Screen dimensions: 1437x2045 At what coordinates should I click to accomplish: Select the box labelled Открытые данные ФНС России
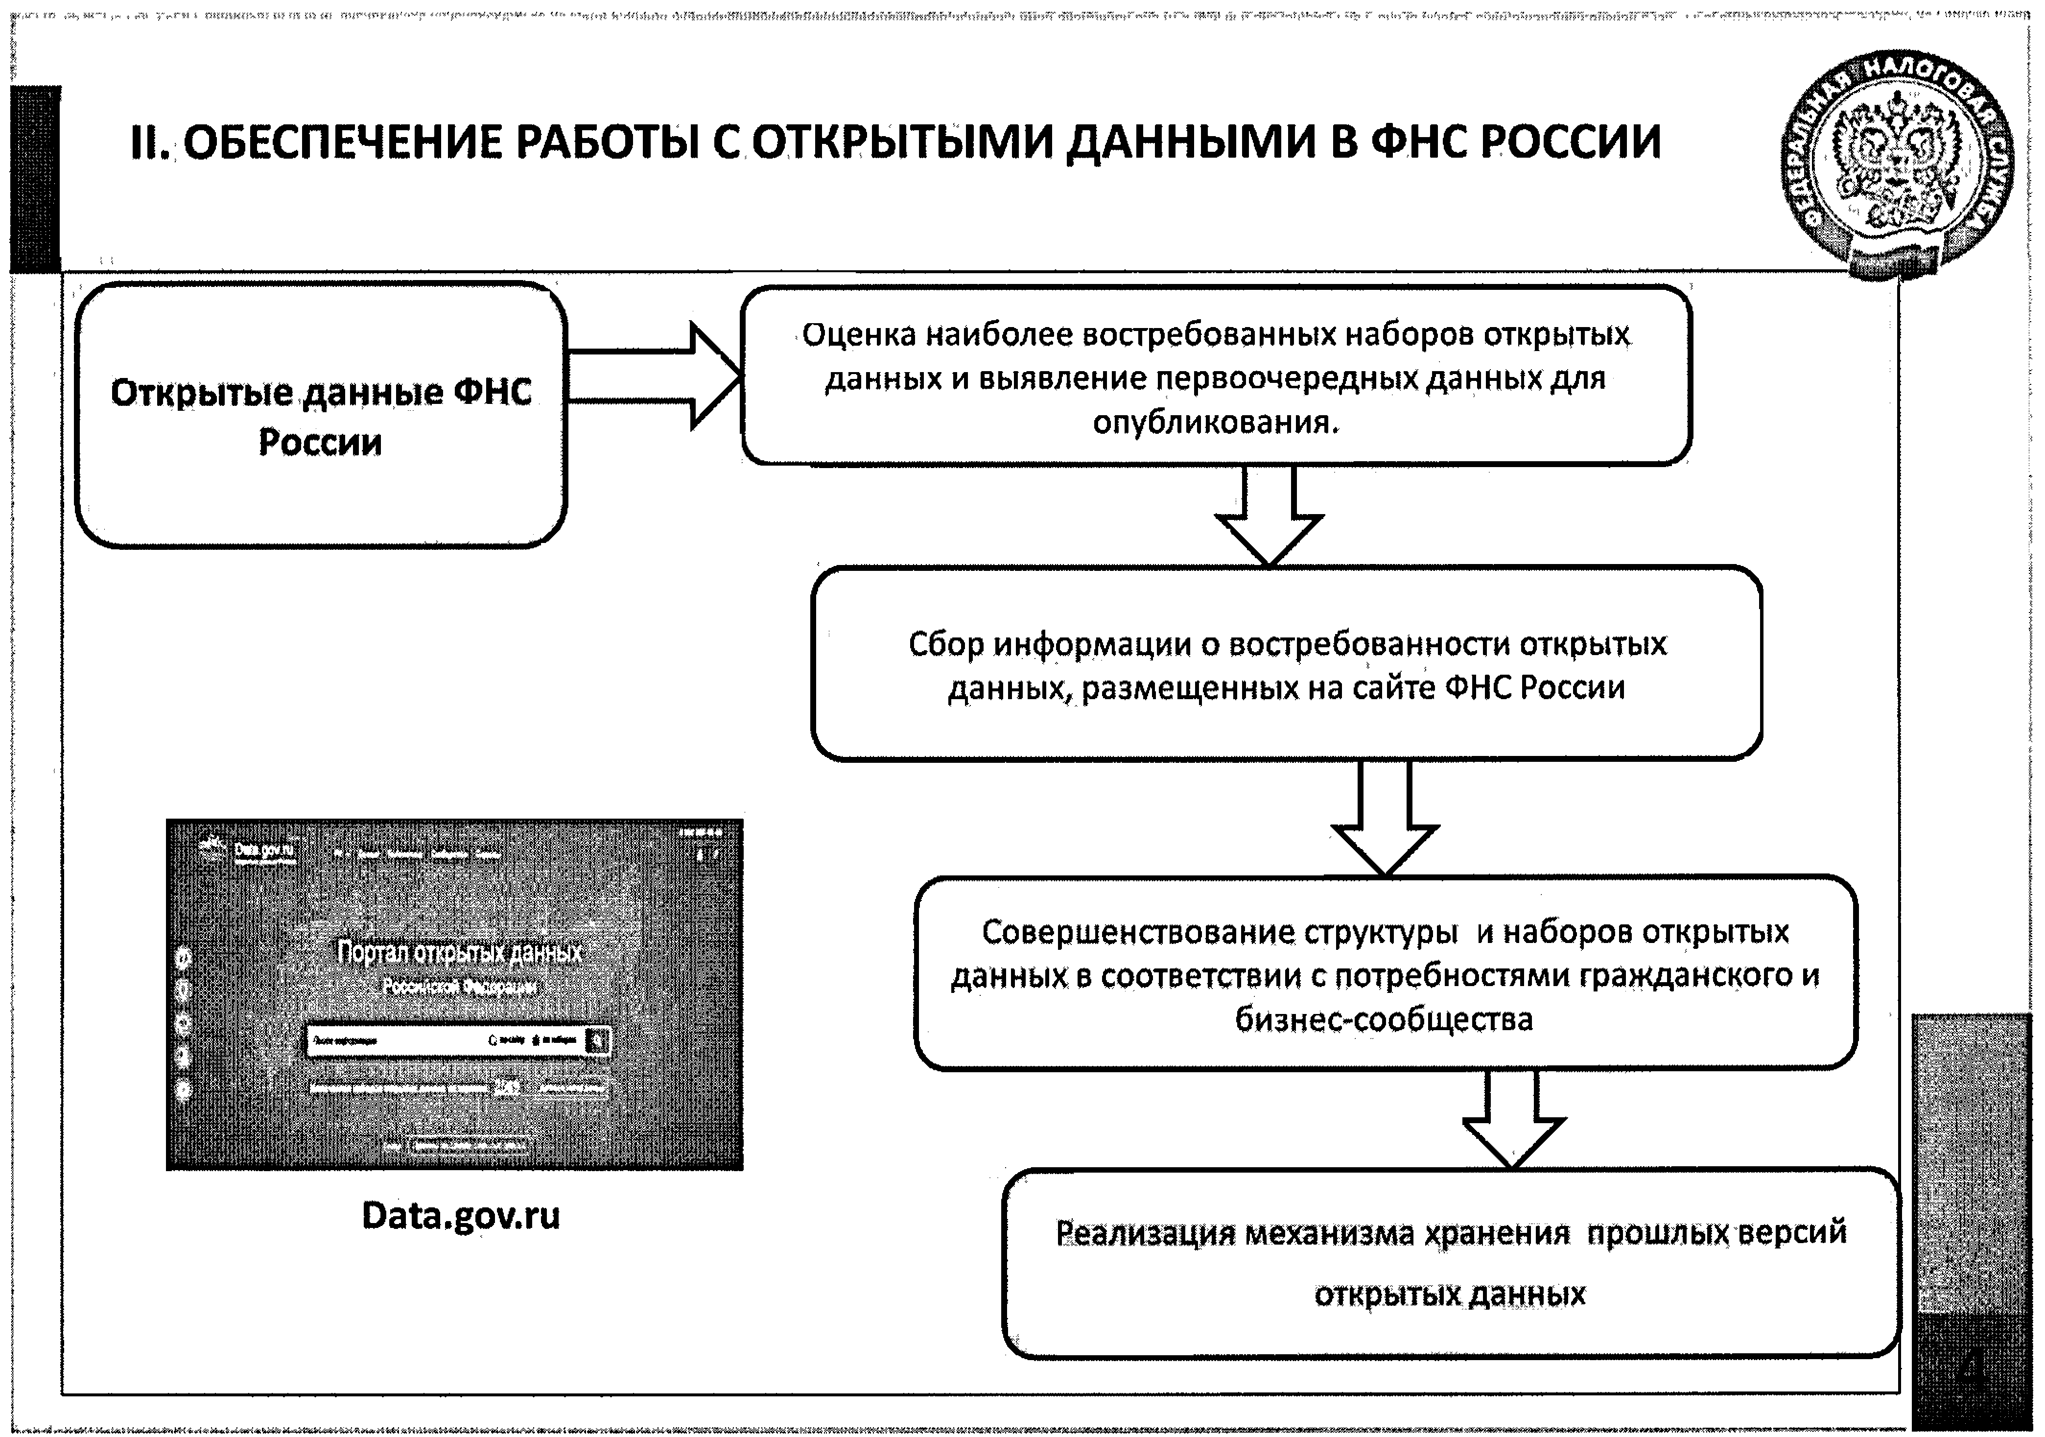321,415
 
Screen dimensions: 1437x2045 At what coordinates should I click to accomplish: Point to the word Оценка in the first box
859,335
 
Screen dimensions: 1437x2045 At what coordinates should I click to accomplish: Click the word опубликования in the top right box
1215,422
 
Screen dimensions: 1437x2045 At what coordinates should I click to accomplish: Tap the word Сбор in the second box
946,643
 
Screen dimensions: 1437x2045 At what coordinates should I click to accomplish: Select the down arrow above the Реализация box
1512,1121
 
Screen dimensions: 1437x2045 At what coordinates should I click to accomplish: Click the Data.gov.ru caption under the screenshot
461,1215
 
